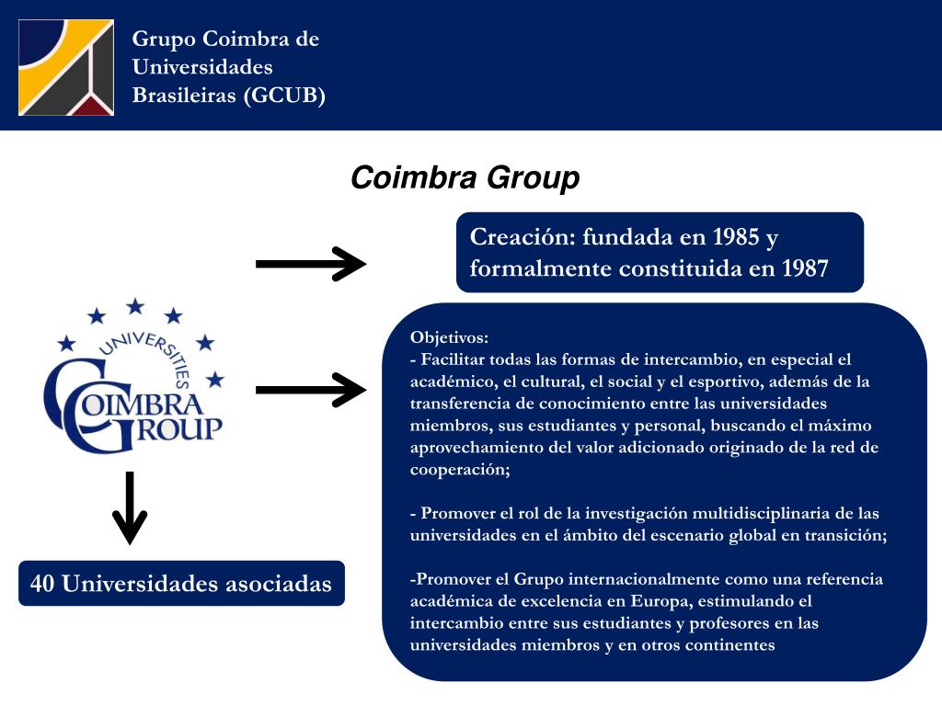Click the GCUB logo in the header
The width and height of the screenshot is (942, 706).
[x=66, y=67]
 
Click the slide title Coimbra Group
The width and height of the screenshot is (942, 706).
[x=465, y=177]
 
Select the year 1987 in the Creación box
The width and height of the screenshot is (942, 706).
[x=805, y=268]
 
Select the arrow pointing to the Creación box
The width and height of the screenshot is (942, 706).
[x=310, y=264]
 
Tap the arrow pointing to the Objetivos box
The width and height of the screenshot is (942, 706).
[x=310, y=390]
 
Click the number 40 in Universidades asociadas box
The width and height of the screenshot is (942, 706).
[x=42, y=584]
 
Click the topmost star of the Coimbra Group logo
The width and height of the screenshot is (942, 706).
[x=135, y=306]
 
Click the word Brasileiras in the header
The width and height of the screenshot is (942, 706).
[x=183, y=96]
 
